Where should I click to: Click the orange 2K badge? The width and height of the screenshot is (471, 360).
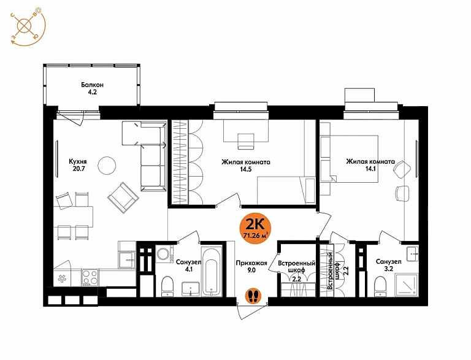point(255,228)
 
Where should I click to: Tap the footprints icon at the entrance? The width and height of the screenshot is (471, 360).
point(254,296)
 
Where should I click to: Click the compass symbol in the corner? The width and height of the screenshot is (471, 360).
point(28,28)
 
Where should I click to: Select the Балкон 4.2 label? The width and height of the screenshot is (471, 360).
point(92,88)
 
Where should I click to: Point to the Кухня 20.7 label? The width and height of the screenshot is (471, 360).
point(78,165)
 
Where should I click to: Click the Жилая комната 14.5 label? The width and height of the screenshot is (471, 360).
point(246,166)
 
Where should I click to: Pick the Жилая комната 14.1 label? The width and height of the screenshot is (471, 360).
point(370,165)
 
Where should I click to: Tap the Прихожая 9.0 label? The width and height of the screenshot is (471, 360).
point(251,267)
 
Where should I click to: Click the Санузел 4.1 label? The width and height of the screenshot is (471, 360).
point(189,266)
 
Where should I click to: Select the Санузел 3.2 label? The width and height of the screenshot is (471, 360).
point(388,265)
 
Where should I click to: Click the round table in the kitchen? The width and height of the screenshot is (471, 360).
point(107,165)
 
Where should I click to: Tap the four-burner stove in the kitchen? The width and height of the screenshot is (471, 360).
point(90,277)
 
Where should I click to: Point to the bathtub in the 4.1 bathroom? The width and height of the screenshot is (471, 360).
point(212,272)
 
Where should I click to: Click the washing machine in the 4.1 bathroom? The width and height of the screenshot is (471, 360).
point(164,255)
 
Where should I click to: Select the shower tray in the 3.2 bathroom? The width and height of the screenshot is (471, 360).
point(407,285)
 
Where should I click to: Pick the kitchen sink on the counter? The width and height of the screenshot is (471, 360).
point(126,260)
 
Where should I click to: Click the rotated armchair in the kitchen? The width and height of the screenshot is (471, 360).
point(123,197)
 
